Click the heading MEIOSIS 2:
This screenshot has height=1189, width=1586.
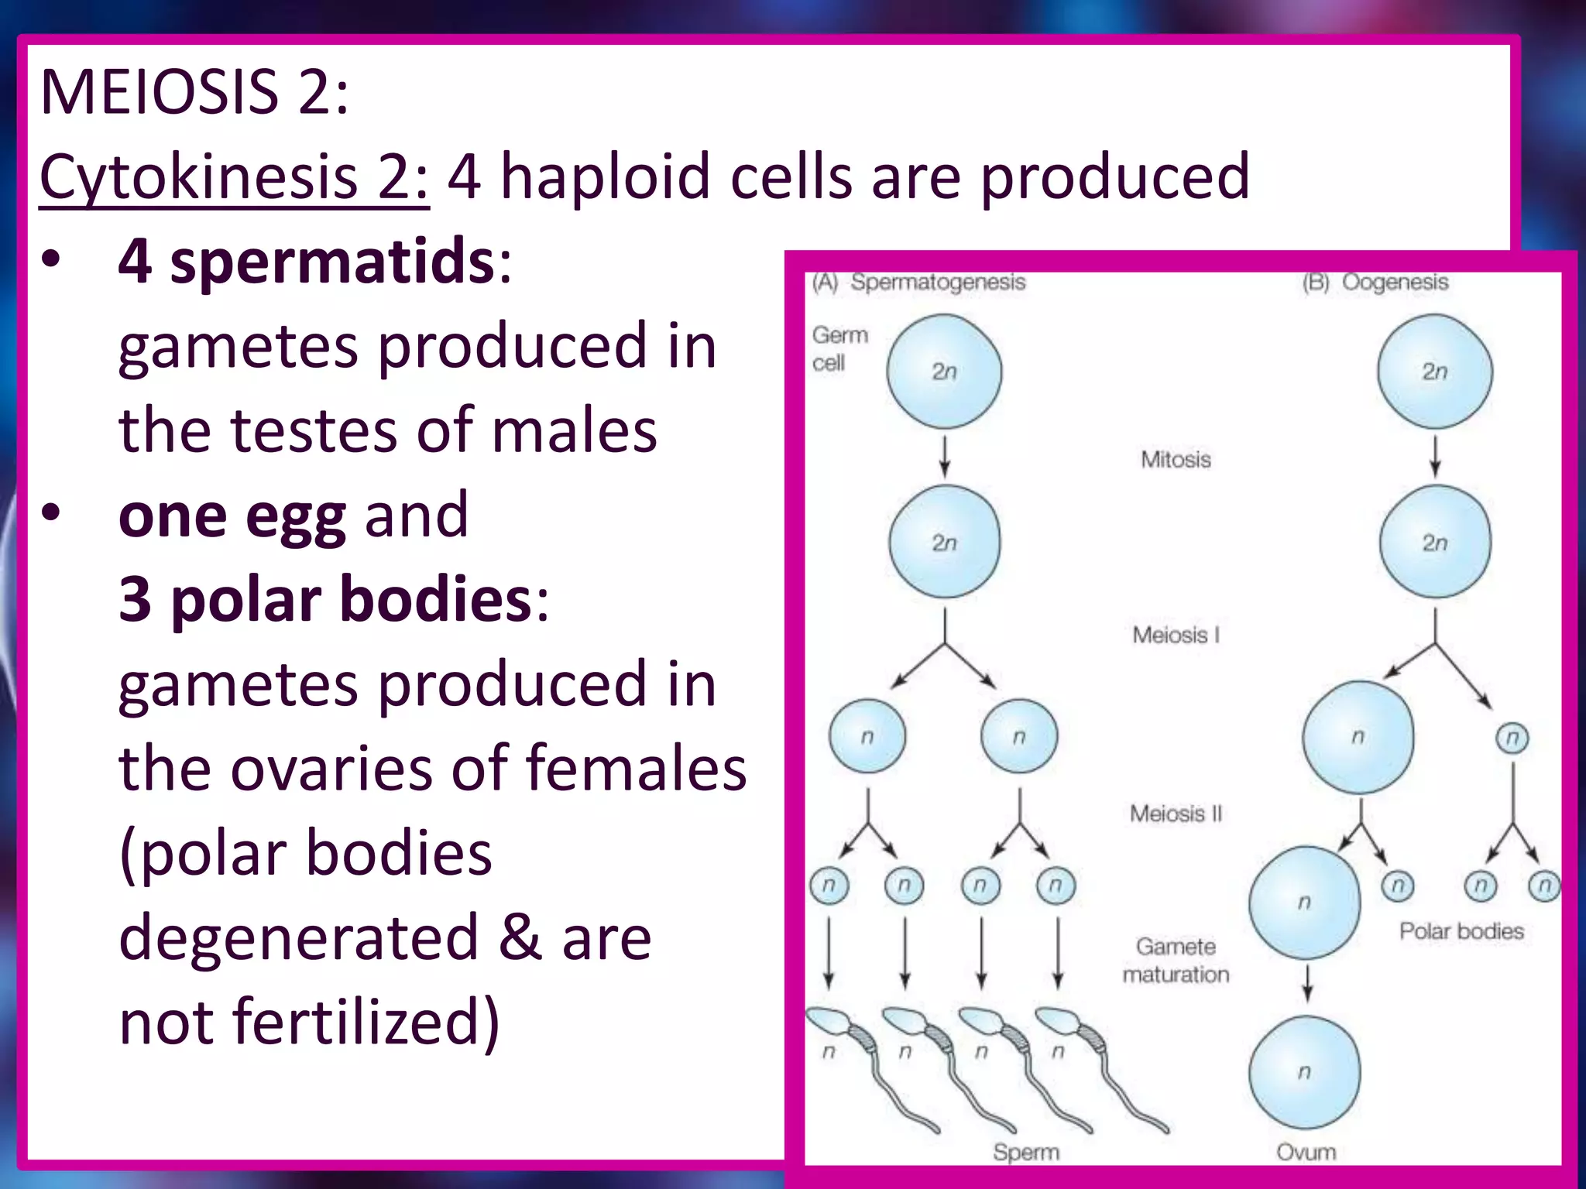point(194,92)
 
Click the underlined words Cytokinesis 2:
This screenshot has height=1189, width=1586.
point(233,176)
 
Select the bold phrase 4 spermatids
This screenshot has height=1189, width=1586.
point(306,261)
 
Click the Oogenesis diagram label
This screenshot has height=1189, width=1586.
point(1394,282)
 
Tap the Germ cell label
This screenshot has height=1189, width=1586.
point(839,348)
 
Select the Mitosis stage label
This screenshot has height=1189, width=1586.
point(1175,459)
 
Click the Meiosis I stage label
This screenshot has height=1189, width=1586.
point(1175,635)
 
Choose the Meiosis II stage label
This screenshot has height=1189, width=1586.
point(1175,813)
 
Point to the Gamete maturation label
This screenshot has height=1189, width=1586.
point(1175,960)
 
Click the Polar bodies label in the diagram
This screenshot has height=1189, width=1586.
point(1461,930)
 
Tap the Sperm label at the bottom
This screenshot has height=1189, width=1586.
point(1025,1152)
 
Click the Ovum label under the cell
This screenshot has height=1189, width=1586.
point(1306,1152)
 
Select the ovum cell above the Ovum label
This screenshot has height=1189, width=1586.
point(1304,1072)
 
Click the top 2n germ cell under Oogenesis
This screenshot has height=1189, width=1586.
point(1434,372)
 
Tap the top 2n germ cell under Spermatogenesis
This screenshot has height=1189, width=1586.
point(944,372)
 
